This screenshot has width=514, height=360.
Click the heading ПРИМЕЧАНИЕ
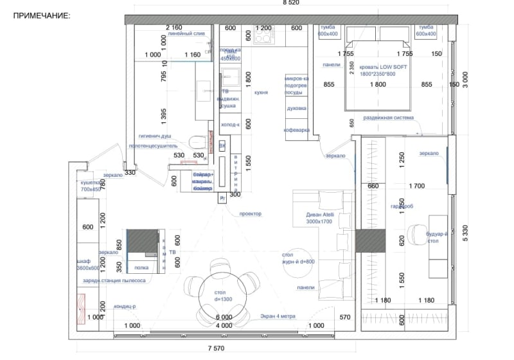(x=42, y=14)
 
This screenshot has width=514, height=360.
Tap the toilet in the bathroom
(x=198, y=140)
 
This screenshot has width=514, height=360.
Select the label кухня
(x=260, y=93)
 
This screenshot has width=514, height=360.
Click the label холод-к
(x=230, y=125)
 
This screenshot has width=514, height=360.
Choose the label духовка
(x=296, y=109)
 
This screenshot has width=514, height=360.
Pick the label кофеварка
(x=297, y=130)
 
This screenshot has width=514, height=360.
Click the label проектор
(x=250, y=213)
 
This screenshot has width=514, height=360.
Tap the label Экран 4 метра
(x=278, y=316)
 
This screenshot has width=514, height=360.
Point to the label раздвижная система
(x=389, y=118)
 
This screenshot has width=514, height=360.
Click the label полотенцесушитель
(x=153, y=146)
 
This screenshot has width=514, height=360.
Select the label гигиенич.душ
(x=155, y=136)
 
